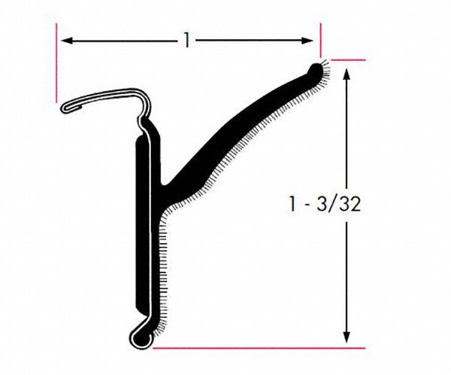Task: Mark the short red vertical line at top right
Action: coord(321,37)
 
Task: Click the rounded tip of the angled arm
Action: coord(316,70)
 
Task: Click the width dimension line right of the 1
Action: coord(248,41)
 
